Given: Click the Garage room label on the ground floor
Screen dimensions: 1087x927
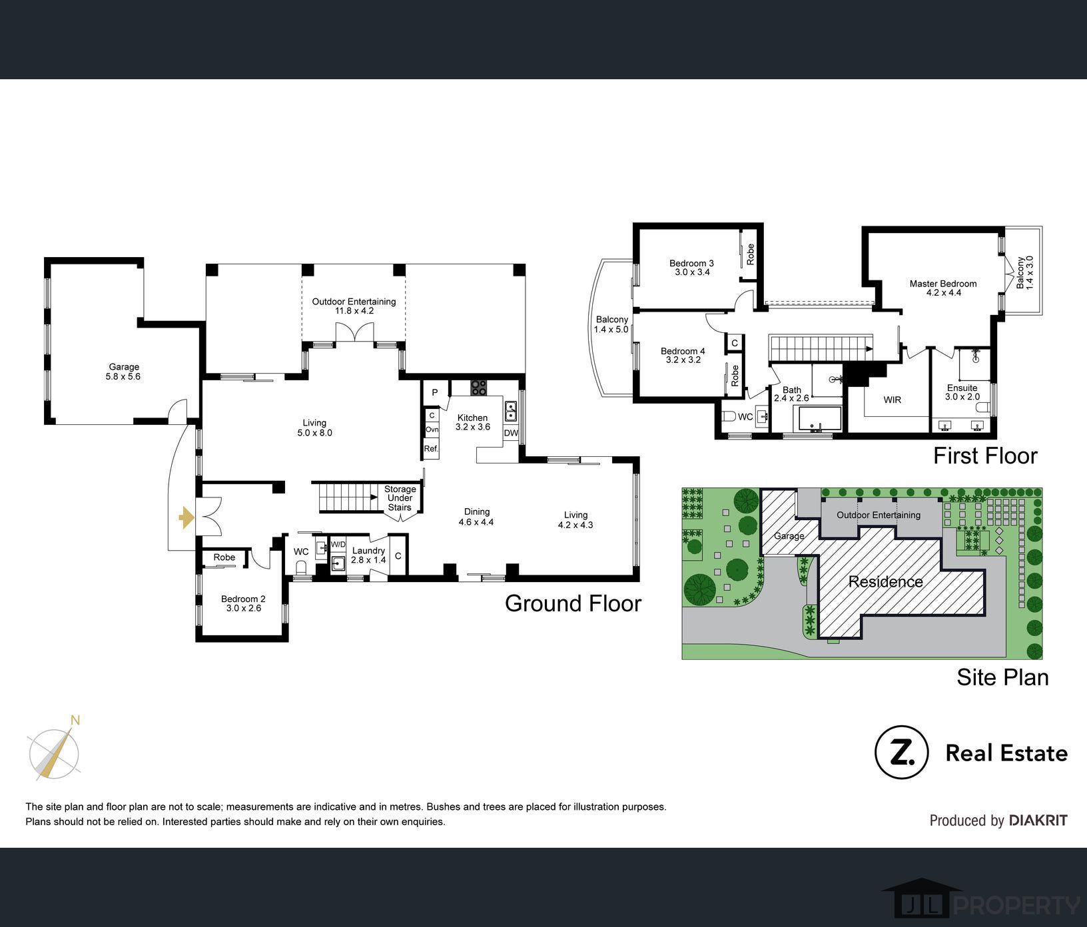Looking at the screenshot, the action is (x=124, y=367).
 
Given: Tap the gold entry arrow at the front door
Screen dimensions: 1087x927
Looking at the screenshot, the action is (x=186, y=517).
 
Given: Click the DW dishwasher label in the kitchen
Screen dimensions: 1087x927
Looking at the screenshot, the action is (x=511, y=434).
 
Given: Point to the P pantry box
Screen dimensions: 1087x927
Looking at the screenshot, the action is (x=435, y=392).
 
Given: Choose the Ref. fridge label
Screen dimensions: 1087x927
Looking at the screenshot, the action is (x=432, y=449).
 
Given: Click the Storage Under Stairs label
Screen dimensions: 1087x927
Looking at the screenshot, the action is (x=400, y=498).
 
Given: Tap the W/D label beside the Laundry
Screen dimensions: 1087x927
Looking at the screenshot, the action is (x=338, y=545).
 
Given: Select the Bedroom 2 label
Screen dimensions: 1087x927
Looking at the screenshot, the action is (x=243, y=599).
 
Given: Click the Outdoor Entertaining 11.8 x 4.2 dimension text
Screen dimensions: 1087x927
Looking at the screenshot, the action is (x=354, y=311).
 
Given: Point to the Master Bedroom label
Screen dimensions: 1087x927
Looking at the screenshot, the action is (x=943, y=284).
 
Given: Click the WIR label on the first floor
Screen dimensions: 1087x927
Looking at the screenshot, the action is (x=893, y=400).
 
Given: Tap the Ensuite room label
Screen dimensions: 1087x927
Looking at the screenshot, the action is (x=962, y=388).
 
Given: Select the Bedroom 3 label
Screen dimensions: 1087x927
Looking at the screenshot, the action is (x=691, y=263).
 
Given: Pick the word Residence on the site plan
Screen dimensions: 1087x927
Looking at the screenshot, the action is (x=886, y=581).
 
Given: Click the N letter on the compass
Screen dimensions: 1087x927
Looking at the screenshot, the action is (x=76, y=720).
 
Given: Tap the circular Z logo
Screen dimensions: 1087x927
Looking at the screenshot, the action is (x=901, y=753).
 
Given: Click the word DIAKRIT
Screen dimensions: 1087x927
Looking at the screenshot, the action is (x=1038, y=820).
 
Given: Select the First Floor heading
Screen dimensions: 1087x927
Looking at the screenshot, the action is (x=985, y=456).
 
